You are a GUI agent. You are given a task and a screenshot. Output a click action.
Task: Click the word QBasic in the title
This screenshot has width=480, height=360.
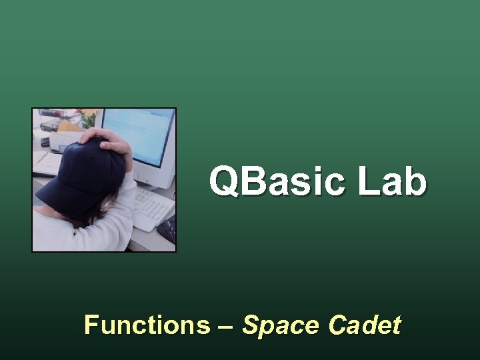pyautogui.click(x=278, y=181)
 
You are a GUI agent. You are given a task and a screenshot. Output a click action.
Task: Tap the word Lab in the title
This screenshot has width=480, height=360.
pyautogui.click(x=392, y=181)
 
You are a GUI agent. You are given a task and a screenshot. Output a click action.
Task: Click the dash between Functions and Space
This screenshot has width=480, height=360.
pyautogui.click(x=225, y=326)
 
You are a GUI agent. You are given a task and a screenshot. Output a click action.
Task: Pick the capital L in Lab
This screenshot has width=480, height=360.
pyautogui.click(x=367, y=181)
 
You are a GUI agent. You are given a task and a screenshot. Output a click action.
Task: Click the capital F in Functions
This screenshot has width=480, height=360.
pyautogui.click(x=91, y=325)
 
